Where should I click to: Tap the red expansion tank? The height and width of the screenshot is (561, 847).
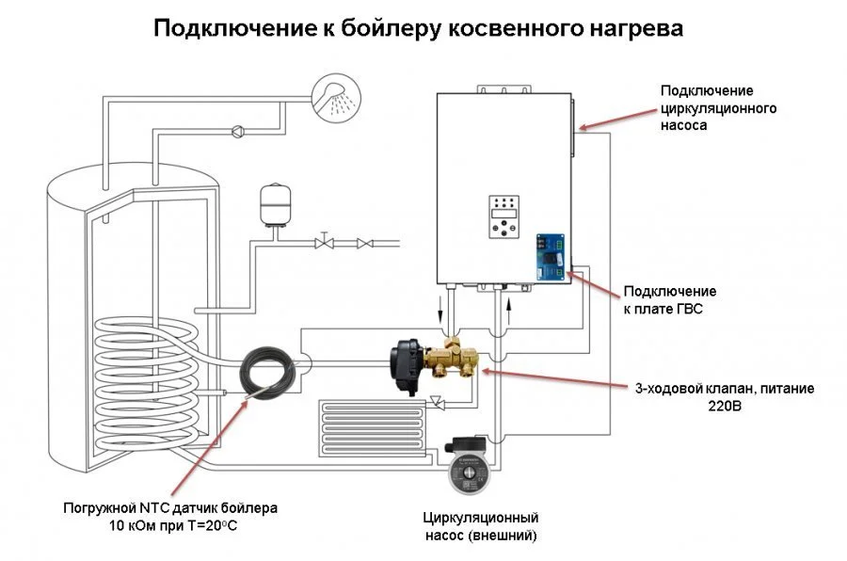(x=272, y=205)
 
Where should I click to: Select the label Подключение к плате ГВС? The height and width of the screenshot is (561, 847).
(x=669, y=299)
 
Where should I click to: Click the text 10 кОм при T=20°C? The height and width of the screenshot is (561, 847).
(x=170, y=525)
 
